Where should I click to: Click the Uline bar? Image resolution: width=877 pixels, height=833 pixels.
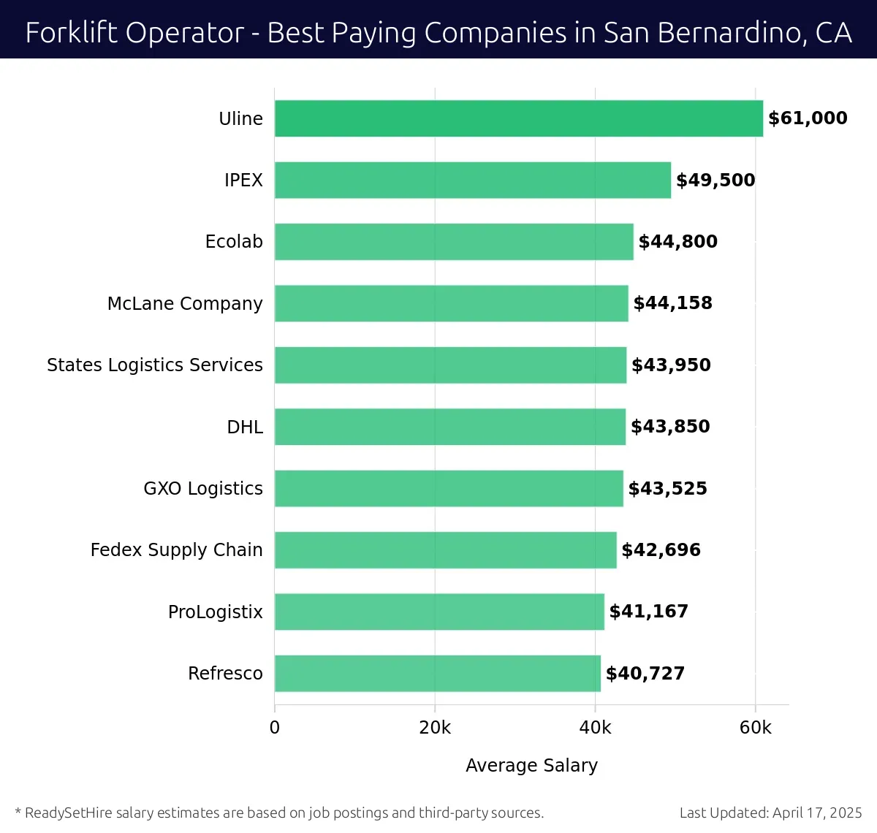click(519, 118)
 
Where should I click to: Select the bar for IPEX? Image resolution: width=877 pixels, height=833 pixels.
click(473, 180)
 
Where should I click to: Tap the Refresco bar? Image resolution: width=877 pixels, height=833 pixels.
click(438, 673)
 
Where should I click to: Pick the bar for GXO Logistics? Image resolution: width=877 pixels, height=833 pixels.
click(449, 488)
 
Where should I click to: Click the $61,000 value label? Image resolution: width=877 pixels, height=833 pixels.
click(808, 118)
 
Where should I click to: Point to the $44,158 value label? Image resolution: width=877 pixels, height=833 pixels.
click(672, 303)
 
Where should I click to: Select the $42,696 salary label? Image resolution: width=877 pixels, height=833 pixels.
click(661, 549)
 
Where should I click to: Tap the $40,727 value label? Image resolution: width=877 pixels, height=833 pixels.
click(645, 673)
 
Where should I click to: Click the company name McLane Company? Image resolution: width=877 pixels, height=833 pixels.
click(185, 303)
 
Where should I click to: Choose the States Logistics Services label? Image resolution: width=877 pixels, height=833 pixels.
click(155, 365)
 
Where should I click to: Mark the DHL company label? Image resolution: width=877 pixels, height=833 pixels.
click(245, 427)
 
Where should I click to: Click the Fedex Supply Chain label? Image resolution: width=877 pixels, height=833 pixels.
click(176, 549)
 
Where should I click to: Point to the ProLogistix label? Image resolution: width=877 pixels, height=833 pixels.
click(216, 612)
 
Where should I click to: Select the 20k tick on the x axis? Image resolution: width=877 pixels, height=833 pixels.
click(435, 728)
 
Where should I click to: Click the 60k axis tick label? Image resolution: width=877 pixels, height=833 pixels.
click(755, 728)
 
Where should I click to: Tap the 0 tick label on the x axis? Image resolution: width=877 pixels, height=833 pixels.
click(275, 728)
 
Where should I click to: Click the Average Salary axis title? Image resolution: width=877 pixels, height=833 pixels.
click(531, 765)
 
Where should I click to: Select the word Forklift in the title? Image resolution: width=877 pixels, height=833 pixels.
click(61, 33)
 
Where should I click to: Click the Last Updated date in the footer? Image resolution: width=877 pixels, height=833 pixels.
click(770, 813)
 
